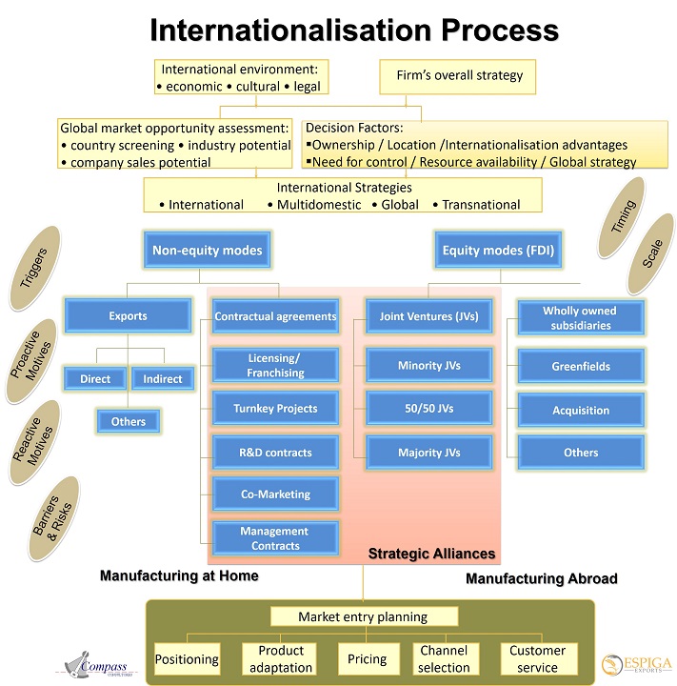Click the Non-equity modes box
[207, 251]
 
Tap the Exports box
[128, 314]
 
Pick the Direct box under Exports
[95, 378]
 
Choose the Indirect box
[162, 378]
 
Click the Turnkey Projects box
[274, 408]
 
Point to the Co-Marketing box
[274, 494]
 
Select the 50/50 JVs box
[428, 408]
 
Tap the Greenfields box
[581, 366]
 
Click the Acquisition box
[581, 410]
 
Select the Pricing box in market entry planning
[368, 658]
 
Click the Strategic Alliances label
[431, 554]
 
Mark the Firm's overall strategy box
[452, 76]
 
